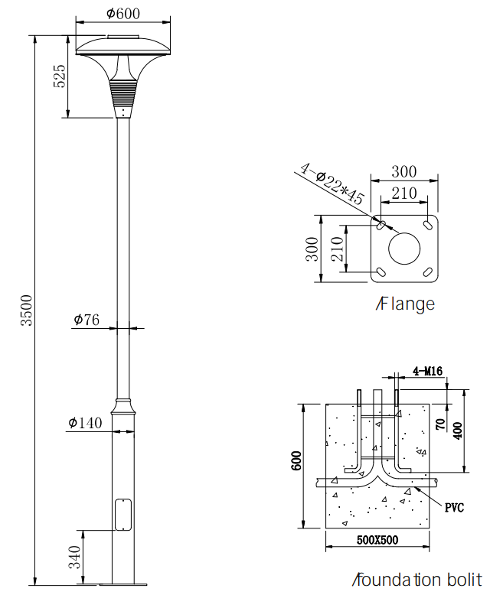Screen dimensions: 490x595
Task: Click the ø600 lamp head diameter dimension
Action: pos(123,14)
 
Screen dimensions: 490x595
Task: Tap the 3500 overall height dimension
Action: pos(27,310)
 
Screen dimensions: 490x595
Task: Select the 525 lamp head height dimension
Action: pos(59,76)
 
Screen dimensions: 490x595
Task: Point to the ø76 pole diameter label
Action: pos(87,320)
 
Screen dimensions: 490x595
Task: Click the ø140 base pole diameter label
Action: pos(85,422)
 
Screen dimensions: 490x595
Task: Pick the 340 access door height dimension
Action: pos(75,557)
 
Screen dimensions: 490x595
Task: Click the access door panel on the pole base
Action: pos(123,515)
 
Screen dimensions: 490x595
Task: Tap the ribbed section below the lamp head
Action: pos(123,93)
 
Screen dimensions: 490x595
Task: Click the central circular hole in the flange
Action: pos(404,249)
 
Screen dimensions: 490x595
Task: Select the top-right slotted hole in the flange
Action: pos(428,225)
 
